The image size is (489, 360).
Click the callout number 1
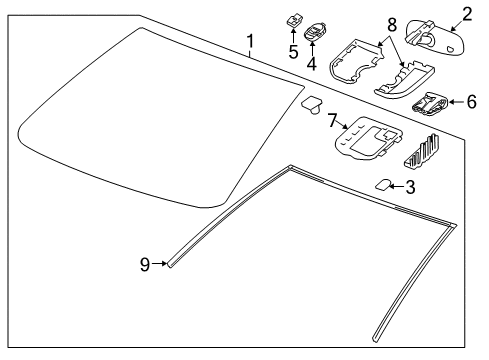[x=251, y=42]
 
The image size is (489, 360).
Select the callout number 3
[x=411, y=186]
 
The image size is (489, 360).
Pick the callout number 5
[x=292, y=51]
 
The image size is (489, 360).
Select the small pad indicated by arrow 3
[x=381, y=185]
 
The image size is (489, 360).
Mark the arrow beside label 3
[x=396, y=186]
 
